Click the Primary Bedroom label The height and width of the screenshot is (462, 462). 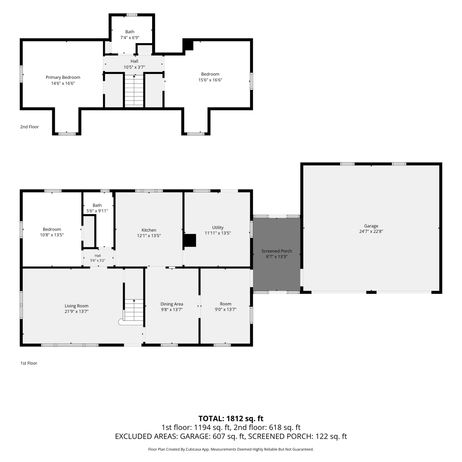click(63, 77)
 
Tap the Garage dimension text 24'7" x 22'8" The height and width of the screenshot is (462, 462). click(371, 231)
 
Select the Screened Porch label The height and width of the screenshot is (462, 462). click(277, 251)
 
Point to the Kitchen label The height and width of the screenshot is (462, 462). click(149, 230)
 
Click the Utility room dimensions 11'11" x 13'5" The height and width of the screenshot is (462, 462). click(218, 233)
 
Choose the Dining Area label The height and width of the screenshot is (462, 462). click(172, 304)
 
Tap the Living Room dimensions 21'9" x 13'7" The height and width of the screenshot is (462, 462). click(76, 311)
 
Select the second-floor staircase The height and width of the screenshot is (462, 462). click(134, 91)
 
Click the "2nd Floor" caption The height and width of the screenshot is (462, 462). click(30, 127)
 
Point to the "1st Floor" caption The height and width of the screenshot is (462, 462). click(29, 363)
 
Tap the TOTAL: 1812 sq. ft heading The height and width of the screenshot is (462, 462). click(231, 419)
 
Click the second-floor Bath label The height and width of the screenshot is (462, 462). click(130, 32)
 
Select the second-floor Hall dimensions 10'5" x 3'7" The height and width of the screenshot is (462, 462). click(134, 67)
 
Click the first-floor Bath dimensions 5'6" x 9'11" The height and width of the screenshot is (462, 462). click(97, 211)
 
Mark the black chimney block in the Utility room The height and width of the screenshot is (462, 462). click(190, 241)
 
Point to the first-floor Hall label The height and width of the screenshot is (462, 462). click(98, 256)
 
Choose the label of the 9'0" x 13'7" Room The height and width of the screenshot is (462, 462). click(225, 304)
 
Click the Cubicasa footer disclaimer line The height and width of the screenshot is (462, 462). click(231, 449)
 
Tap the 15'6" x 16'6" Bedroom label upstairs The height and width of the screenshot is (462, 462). click(210, 74)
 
